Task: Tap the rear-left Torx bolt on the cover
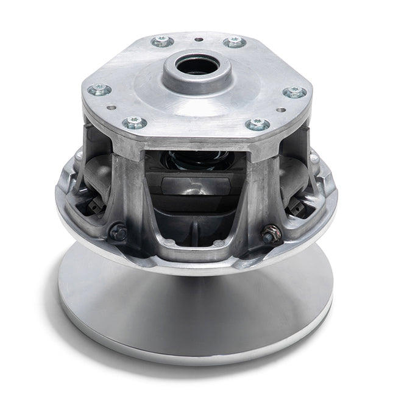pos(163,41)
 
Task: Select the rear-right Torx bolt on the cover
pos(235,42)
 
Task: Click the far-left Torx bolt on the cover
pos(99,91)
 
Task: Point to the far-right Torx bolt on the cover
pos(295,92)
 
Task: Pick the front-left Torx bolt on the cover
pos(135,123)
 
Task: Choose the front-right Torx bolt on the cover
pos(258,124)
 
